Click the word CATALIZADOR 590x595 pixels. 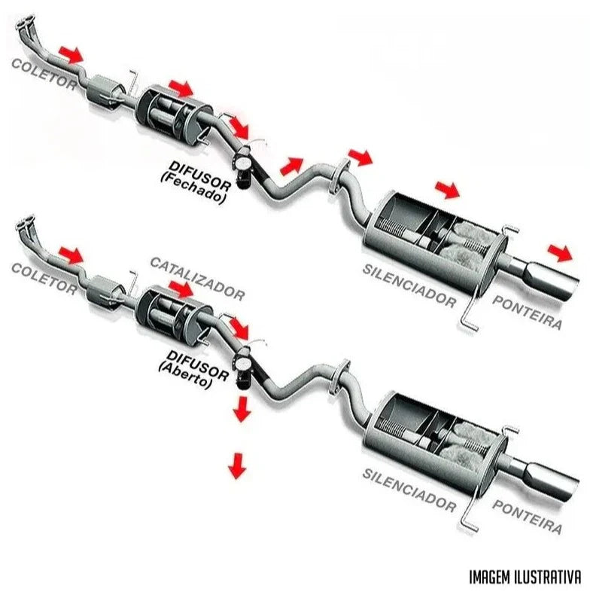[198, 278]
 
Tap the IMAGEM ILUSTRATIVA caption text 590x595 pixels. [525, 577]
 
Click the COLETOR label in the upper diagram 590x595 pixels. [44, 74]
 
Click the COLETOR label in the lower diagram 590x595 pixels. [44, 277]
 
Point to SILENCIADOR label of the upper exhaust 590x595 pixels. [409, 287]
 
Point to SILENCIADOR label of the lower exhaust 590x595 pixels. [409, 490]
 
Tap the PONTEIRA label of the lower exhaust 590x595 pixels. [528, 515]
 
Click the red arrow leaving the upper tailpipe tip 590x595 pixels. [559, 252]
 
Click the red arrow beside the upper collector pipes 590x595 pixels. [71, 53]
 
